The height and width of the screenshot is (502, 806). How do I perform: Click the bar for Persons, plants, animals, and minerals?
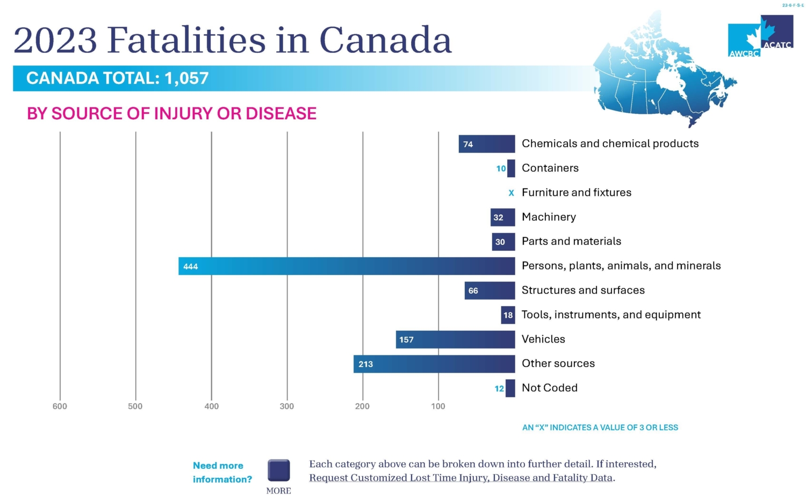[347, 266]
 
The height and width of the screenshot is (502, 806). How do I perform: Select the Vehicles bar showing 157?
[455, 339]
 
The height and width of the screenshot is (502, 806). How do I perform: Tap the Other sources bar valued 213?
[434, 364]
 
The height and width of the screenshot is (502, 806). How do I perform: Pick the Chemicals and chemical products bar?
[487, 144]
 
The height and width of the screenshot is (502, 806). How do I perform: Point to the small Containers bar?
[511, 169]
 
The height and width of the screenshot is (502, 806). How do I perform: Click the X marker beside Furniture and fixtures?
[511, 193]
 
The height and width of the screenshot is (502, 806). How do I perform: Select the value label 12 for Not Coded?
[499, 389]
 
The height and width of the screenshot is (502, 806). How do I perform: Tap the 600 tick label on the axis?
[60, 406]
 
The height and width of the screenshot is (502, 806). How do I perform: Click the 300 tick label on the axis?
[287, 406]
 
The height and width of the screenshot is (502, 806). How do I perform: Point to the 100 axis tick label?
[438, 406]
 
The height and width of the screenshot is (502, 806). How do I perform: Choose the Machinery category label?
[549, 217]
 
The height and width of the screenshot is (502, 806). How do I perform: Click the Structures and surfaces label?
[583, 290]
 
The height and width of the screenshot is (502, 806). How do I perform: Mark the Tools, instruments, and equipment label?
[611, 315]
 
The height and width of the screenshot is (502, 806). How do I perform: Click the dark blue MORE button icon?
[279, 470]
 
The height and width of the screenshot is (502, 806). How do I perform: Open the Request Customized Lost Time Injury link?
[460, 478]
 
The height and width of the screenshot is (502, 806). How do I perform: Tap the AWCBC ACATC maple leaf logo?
[760, 36]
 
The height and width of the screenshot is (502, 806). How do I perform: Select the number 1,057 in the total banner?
[186, 78]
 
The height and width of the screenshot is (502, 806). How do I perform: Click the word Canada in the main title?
[385, 40]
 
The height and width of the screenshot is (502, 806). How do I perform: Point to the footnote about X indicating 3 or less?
[600, 427]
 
